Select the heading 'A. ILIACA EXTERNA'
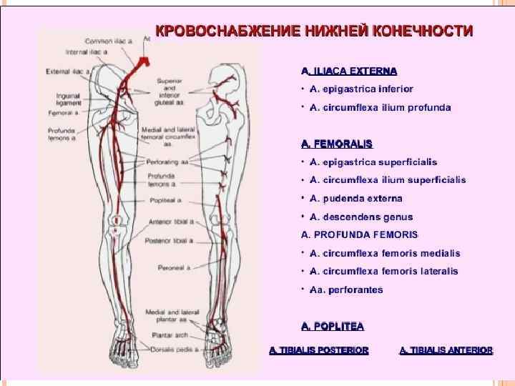(350, 71)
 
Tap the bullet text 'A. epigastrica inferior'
(361, 89)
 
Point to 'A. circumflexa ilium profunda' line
(380, 107)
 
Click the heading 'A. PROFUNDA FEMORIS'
(359, 234)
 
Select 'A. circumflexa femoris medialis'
(384, 253)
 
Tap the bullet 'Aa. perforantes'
(346, 289)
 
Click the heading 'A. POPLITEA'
(333, 326)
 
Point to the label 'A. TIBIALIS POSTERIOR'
(319, 350)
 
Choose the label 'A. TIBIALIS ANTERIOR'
(446, 350)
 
